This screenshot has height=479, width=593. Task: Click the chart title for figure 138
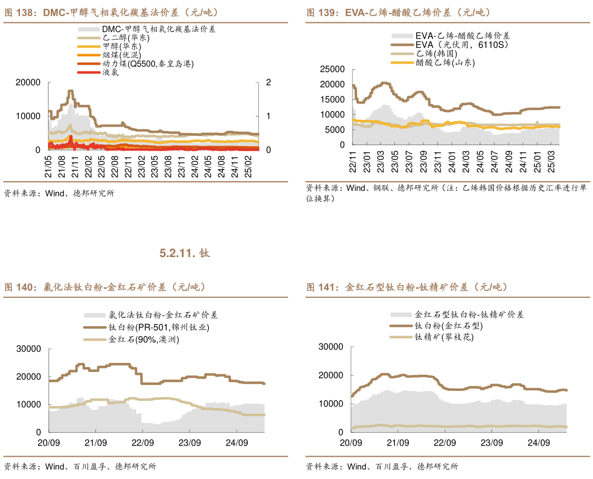pyautogui.click(x=112, y=12)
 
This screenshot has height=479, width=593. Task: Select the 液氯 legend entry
pyautogui.click(x=110, y=72)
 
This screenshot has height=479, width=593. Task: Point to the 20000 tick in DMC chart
pyautogui.click(x=29, y=83)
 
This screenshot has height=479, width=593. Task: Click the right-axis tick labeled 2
pyautogui.click(x=268, y=83)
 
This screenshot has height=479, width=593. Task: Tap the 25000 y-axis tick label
pyautogui.click(x=332, y=69)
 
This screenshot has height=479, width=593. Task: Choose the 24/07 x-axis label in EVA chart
pyautogui.click(x=494, y=161)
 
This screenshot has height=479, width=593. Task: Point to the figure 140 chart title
pyautogui.click(x=105, y=287)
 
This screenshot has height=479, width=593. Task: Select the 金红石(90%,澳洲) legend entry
pyautogui.click(x=144, y=340)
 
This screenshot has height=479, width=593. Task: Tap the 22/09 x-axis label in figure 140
pyautogui.click(x=142, y=443)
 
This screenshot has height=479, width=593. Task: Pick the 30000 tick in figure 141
pyautogui.click(x=330, y=346)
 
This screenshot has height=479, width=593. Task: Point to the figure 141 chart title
pyautogui.click(x=407, y=287)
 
